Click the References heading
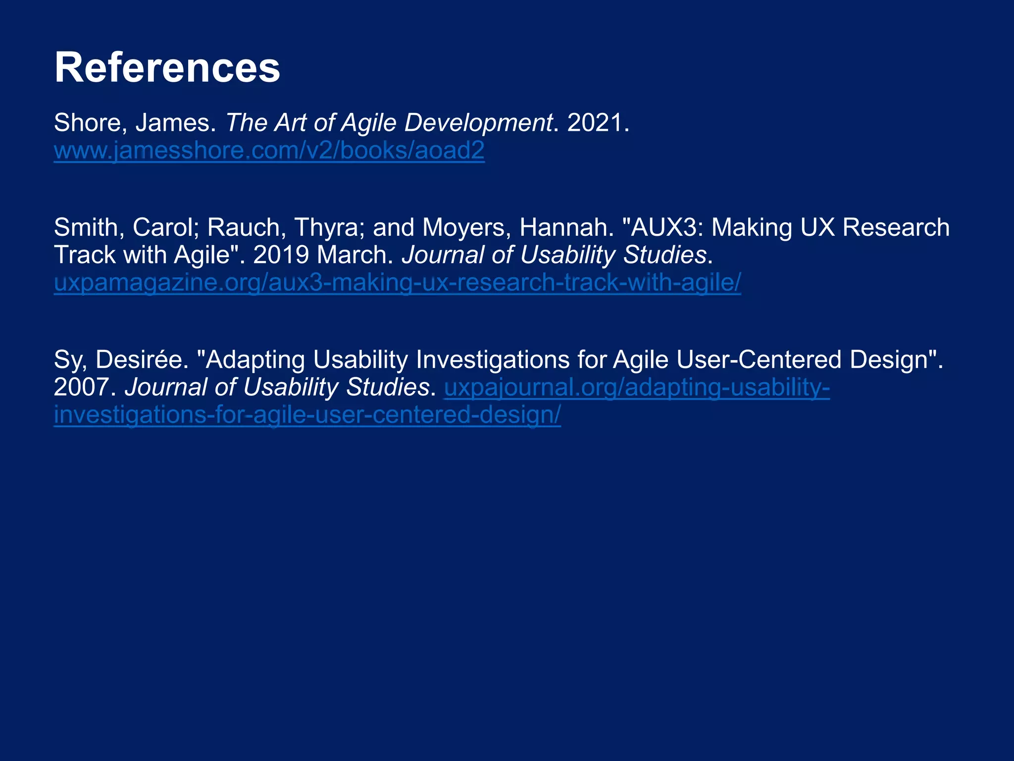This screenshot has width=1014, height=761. pyautogui.click(x=167, y=67)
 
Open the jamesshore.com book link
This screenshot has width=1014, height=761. pyautogui.click(x=269, y=150)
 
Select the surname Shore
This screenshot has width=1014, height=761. pyautogui.click(x=87, y=122)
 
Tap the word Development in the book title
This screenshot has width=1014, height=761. pyautogui.click(x=478, y=122)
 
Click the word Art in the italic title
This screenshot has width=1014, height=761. pyautogui.click(x=291, y=122)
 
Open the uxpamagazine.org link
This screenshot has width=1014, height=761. pyautogui.click(x=397, y=282)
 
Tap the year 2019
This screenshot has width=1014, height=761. pyautogui.click(x=281, y=255)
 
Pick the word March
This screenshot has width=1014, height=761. pyautogui.click(x=354, y=255)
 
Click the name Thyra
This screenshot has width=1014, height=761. pyautogui.click(x=329, y=227)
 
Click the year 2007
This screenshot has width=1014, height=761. pyautogui.click(x=82, y=387)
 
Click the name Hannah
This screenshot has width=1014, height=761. pyautogui.click(x=563, y=227)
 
